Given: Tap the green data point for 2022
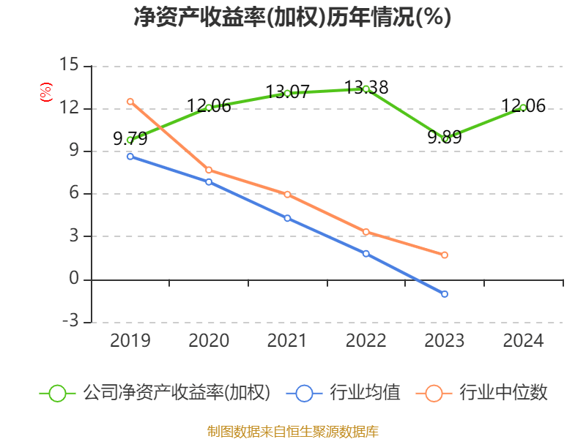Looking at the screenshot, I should [366, 89].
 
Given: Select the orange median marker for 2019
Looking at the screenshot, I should [130, 102].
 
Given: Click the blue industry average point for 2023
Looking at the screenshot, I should [445, 294].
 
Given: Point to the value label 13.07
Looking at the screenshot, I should [287, 92].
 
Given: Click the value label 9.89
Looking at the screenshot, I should [445, 137].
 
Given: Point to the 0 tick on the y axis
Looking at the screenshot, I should [73, 279].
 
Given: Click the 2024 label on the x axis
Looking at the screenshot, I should [523, 341].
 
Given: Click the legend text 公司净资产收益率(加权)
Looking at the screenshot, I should [176, 393].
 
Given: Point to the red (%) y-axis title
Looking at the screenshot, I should [45, 92].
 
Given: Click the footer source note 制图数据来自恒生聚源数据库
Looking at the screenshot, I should [292, 431].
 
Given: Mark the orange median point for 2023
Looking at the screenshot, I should [445, 255].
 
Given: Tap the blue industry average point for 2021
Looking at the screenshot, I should [287, 218].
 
